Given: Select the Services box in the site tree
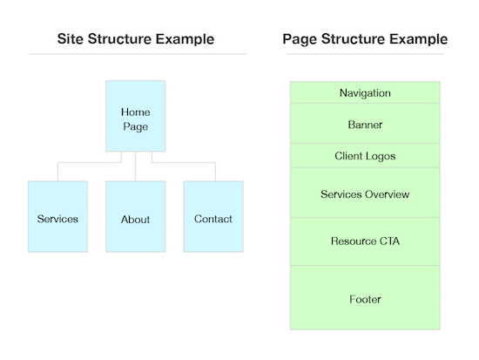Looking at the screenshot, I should coord(57,217).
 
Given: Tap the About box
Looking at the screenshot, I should coord(135,217).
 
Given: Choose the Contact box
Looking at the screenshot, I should coord(213,217).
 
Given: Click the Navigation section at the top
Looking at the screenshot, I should coord(365,92).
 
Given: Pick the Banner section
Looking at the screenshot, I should coord(365,124).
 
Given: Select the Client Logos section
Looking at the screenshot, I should coord(365,155).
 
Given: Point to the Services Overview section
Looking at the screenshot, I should coord(365,193).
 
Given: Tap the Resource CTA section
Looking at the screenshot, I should coord(365,241).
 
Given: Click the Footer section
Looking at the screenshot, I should coord(365,298).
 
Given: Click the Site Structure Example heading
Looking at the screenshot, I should coord(137,39).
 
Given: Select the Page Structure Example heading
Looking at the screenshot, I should coord(365,39).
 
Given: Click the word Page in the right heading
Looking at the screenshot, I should coord(300,39).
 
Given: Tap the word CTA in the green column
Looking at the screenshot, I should coord(388,241).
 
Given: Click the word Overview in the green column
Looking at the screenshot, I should coord(388,194).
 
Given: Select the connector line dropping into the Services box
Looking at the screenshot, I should coord(57,172).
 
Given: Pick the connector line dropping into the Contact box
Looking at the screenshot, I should coord(213,172).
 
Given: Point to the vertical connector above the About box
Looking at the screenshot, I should coord(135,167).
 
